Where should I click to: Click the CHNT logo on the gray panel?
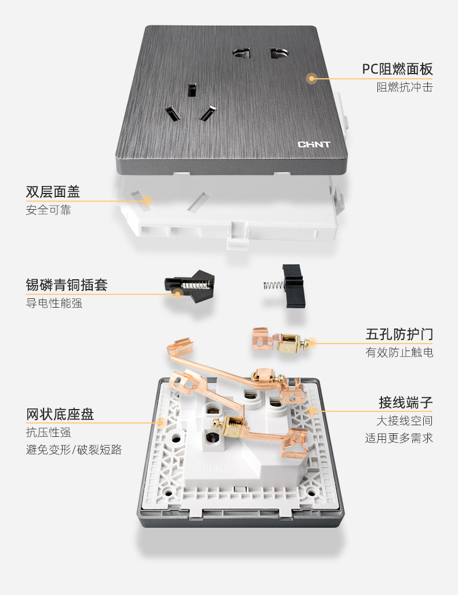pyautogui.click(x=314, y=144)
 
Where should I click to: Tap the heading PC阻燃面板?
pyautogui.click(x=397, y=70)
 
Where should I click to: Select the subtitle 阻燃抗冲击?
pyautogui.click(x=404, y=88)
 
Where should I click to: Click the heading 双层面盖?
pyautogui.click(x=53, y=192)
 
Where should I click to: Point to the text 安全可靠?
pyautogui.click(x=48, y=210)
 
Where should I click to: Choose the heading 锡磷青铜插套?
pyautogui.click(x=67, y=284)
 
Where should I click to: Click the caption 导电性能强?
pyautogui.click(x=54, y=303)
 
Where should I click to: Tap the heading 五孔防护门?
pyautogui.click(x=399, y=334)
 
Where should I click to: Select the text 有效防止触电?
pyautogui.click(x=399, y=352)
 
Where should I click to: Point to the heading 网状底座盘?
pyautogui.click(x=60, y=414)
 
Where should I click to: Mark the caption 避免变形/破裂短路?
pyautogui.click(x=74, y=450)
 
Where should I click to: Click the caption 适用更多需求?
pyautogui.click(x=399, y=438)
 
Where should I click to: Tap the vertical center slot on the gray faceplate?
pyautogui.click(x=191, y=90)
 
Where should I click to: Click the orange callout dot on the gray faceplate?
pyautogui.click(x=312, y=78)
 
